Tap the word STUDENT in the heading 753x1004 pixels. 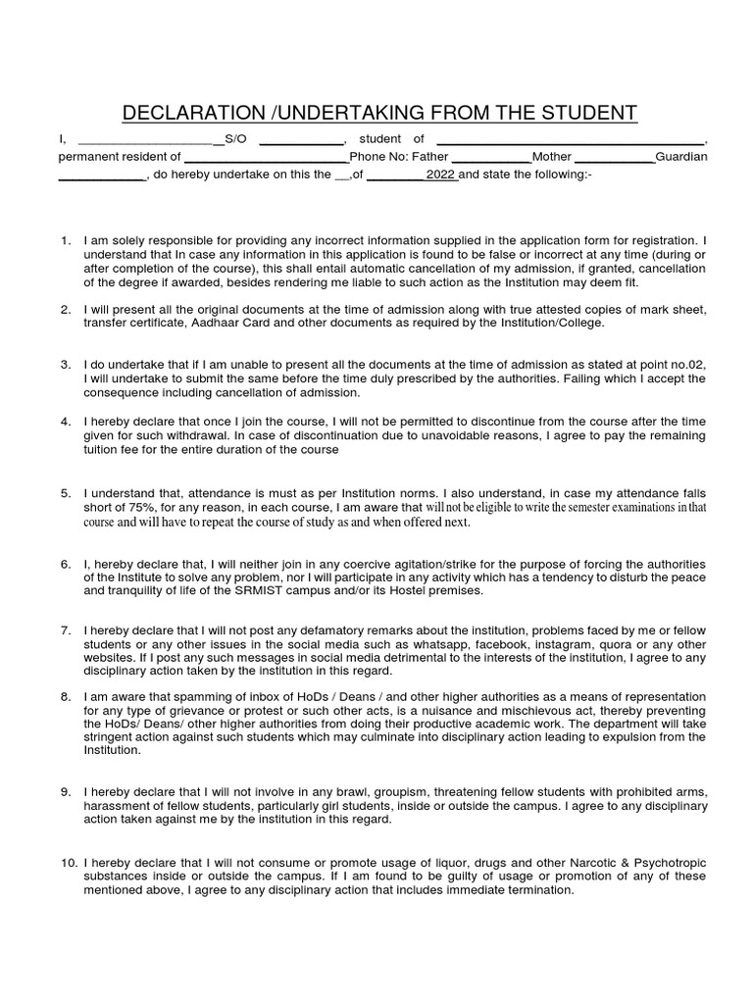coord(586,113)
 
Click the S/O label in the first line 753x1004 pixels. coord(234,139)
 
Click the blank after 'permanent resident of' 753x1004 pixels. coord(267,158)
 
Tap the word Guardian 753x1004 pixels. coord(680,157)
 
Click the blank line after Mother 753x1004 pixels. coord(614,158)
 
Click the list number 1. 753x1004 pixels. coord(65,240)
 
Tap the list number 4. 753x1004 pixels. coord(65,421)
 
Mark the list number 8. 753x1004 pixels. coord(65,695)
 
